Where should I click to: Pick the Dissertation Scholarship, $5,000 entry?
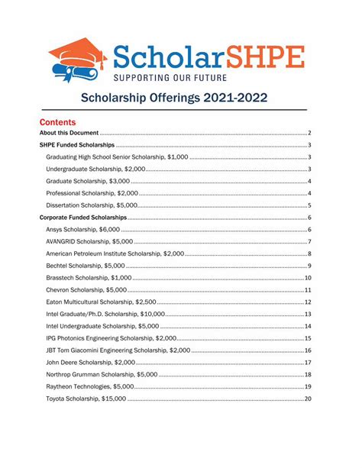pos(92,205)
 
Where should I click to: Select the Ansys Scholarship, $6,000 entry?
pos(82,229)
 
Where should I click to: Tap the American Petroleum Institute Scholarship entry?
pos(115,253)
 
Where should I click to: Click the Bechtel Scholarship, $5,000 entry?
pos(85,266)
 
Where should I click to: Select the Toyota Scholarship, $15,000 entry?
pos(86,399)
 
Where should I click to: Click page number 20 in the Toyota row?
pos(308,399)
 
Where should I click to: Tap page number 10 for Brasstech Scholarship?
pos(308,278)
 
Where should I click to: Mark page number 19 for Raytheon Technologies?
pos(308,387)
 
